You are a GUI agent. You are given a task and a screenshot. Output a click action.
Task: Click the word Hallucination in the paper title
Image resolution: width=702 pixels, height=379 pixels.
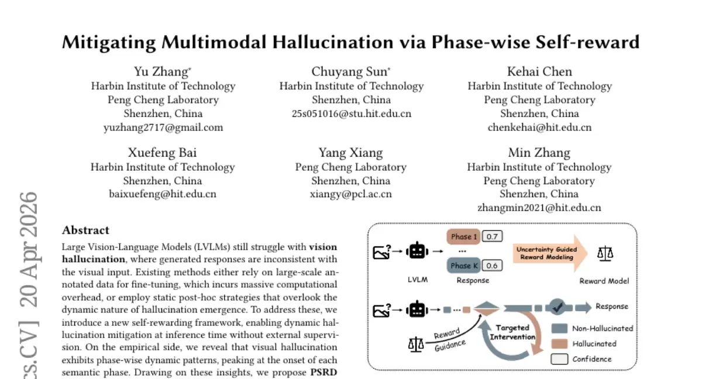(333, 42)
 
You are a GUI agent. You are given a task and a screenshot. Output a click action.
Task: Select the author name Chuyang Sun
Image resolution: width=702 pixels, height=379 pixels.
(349, 72)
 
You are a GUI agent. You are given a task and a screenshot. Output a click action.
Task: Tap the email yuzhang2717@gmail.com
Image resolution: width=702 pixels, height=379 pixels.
(163, 128)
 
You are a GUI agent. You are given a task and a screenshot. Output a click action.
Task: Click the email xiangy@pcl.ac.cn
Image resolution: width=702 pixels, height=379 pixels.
(350, 194)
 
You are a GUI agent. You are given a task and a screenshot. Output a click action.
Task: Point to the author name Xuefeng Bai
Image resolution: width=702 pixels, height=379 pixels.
(163, 153)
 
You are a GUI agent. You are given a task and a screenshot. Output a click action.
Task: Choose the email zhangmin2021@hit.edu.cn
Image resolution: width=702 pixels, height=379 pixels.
(539, 208)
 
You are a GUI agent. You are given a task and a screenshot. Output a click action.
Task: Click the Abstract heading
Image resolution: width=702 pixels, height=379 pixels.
(85, 230)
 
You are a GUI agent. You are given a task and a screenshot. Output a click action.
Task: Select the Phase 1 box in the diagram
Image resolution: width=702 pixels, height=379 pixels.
(463, 236)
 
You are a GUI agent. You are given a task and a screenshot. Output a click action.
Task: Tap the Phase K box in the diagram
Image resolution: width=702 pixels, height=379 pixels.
(463, 266)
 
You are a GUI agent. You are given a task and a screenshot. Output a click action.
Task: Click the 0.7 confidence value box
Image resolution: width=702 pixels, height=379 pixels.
(492, 236)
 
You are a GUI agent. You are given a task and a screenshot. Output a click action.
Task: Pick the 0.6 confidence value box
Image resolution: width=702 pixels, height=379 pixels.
(492, 266)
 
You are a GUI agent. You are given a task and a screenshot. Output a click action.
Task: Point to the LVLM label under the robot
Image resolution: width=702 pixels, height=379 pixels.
(418, 280)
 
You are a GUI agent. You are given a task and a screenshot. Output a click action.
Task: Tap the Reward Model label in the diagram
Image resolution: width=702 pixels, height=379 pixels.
(604, 281)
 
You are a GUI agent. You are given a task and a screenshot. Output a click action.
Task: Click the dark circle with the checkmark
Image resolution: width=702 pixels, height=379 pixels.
(557, 306)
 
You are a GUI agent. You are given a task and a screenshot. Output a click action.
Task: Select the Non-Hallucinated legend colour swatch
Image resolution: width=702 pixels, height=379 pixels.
(559, 328)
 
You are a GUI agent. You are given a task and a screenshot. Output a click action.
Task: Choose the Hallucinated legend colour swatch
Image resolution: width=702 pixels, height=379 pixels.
(559, 343)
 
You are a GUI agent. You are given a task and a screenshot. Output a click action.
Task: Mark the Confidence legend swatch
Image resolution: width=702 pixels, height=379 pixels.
(559, 359)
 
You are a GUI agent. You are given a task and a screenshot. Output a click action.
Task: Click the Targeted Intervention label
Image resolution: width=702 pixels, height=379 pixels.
(512, 332)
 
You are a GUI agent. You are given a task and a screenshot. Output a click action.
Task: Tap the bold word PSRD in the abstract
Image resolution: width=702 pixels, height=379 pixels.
(324, 373)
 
